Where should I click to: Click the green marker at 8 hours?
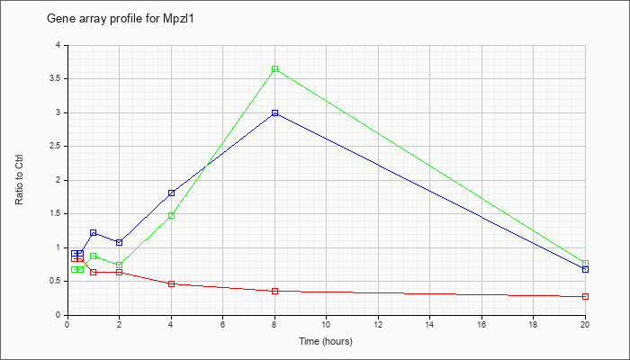[x=274, y=68]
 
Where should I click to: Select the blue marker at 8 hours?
[x=274, y=112]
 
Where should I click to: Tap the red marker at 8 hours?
[x=274, y=291]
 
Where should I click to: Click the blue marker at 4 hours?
[x=172, y=193]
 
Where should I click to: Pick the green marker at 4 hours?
[x=172, y=215]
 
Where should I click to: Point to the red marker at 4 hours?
[x=172, y=283]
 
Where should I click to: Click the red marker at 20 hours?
[x=585, y=296]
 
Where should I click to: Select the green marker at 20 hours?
[x=585, y=263]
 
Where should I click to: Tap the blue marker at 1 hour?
[x=94, y=232]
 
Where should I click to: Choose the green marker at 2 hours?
[x=120, y=265]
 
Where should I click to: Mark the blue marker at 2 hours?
[x=120, y=242]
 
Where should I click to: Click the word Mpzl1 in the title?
[x=180, y=19]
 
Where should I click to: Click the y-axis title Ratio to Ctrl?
[x=19, y=179]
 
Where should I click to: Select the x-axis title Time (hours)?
[x=326, y=341]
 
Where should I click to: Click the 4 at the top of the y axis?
[x=58, y=45]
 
